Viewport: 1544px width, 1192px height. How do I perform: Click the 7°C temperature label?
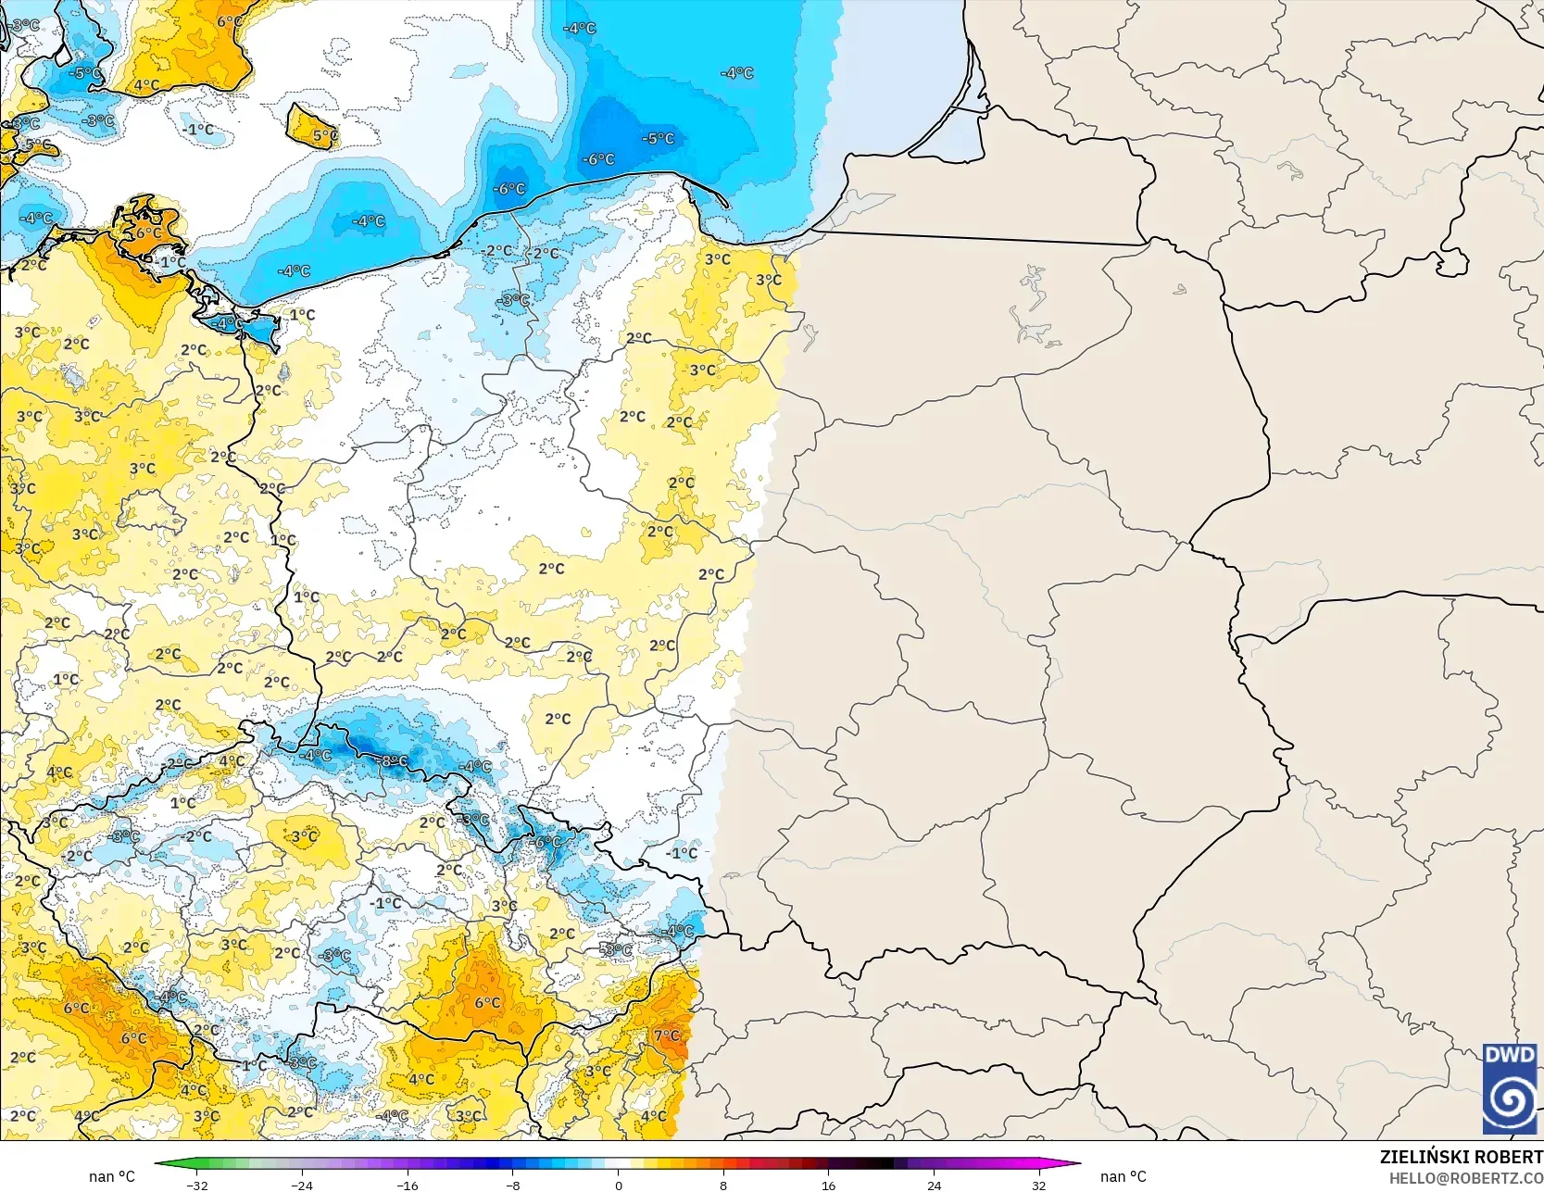pos(667,1035)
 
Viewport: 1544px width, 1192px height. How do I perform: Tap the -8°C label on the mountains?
pos(392,760)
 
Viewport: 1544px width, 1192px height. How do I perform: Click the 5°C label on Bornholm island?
pos(324,135)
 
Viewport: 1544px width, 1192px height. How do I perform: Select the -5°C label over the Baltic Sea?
pos(658,139)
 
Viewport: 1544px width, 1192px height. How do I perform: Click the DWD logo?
pos(1510,1087)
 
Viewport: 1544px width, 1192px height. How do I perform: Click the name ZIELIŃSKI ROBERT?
pos(1461,1157)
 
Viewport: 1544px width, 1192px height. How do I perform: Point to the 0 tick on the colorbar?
pos(618,1185)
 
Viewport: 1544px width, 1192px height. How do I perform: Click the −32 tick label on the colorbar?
pos(196,1185)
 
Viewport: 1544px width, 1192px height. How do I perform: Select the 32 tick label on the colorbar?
pos(1039,1185)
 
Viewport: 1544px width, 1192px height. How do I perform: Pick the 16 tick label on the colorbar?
pos(828,1185)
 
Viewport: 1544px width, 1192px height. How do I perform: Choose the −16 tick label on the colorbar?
pos(408,1185)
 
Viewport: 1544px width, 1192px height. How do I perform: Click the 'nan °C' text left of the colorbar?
pos(112,1176)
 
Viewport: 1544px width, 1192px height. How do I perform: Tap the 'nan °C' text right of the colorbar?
pos(1123,1176)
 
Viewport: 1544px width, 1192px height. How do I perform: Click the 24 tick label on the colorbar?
pos(934,1185)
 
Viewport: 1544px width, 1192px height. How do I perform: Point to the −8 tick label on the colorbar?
pos(513,1185)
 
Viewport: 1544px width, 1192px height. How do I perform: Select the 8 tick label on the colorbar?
pos(723,1185)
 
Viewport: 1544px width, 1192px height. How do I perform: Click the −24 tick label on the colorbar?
pos(302,1185)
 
